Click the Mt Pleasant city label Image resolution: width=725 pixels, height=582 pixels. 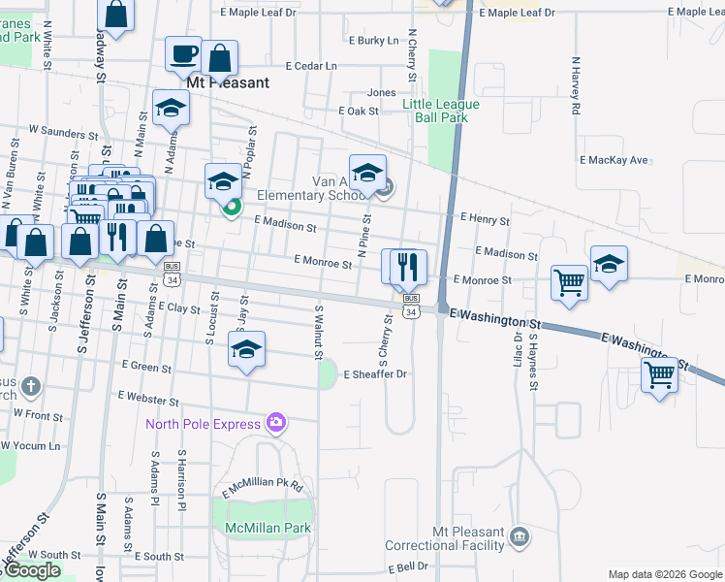(228, 83)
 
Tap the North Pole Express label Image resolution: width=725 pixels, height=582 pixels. (204, 423)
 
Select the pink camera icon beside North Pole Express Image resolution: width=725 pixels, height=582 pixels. (276, 423)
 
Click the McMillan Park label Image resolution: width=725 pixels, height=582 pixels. (267, 529)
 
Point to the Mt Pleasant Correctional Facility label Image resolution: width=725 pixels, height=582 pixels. (470, 539)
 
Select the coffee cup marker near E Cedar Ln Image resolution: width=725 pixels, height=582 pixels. (183, 55)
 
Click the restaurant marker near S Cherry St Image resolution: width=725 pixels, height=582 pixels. (408, 266)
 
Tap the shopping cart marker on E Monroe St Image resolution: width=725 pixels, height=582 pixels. (569, 283)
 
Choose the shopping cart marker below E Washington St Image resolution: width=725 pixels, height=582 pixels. (660, 374)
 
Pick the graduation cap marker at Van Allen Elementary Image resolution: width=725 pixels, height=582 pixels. (367, 173)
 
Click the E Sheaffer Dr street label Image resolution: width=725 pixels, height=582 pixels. (373, 373)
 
